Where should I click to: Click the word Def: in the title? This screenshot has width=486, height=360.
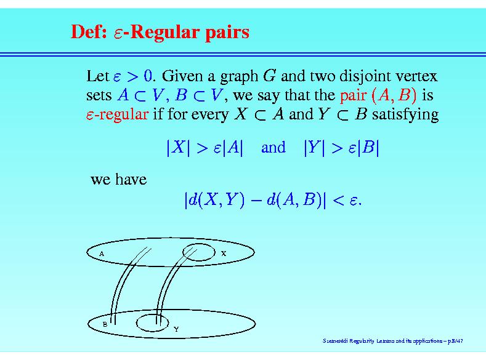tap(89, 31)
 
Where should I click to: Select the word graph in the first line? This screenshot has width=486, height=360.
tap(239, 77)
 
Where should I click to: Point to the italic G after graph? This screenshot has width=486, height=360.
tap(269, 76)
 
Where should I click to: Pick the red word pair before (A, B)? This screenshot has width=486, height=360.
tap(353, 96)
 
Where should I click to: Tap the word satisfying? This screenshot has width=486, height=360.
tap(405, 115)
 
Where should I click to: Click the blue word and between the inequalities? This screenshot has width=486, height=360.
tap(273, 147)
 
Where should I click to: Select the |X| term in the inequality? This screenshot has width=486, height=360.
tap(178, 147)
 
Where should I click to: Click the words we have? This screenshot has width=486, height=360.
tap(119, 179)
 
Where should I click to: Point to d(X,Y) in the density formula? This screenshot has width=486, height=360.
tap(216, 199)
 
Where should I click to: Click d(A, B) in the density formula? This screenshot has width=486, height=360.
tap(294, 199)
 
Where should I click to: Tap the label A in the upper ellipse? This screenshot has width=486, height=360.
tap(102, 254)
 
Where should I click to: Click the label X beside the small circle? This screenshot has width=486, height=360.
tap(224, 254)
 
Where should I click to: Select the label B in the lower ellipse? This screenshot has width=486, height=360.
tap(105, 324)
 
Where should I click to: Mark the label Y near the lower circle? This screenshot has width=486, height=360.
tap(176, 329)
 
